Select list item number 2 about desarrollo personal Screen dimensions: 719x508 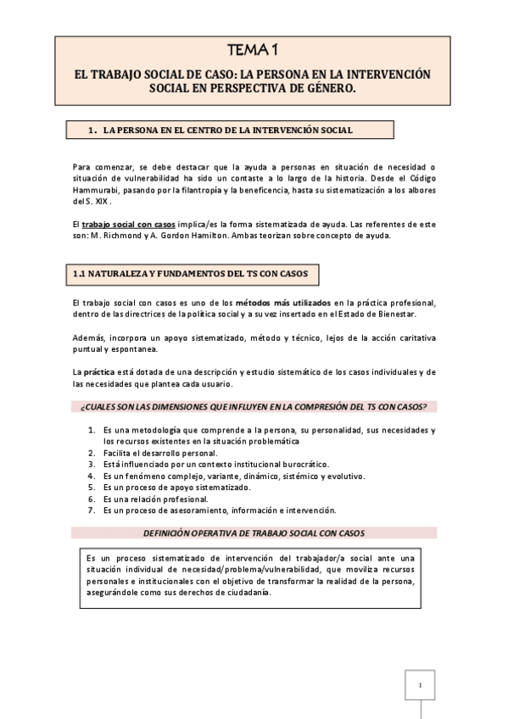point(154,454)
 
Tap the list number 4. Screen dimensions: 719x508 point(92,477)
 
